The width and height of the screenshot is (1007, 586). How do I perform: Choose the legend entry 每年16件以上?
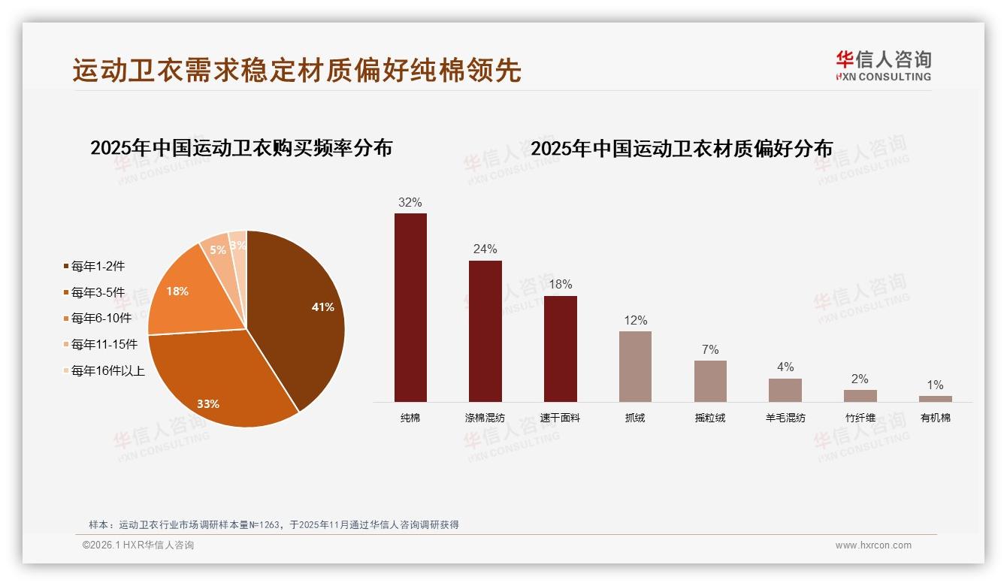point(107,370)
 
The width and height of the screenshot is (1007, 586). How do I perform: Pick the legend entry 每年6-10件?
point(101,318)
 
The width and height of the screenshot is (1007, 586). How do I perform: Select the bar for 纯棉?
point(410,308)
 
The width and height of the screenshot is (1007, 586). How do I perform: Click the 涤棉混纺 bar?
point(485,331)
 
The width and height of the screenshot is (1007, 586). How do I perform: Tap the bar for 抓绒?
point(635,367)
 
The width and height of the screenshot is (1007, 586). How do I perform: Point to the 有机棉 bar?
point(935,399)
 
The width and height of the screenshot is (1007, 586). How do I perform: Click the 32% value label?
point(410,202)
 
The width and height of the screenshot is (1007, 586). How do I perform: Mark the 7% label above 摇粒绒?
point(710,349)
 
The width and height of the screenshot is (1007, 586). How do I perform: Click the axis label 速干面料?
point(560,418)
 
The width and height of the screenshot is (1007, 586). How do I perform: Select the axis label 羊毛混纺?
point(785,418)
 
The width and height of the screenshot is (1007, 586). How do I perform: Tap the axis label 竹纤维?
point(860,418)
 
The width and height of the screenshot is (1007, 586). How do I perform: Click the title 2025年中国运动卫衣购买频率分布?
point(241,148)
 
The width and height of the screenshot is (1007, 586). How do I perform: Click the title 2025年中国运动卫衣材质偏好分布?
point(682,149)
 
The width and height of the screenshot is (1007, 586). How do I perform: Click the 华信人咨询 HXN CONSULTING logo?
point(883,66)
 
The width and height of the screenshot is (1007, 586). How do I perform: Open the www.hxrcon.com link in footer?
point(873,545)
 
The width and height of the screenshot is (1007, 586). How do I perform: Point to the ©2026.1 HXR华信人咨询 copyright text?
point(138,545)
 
